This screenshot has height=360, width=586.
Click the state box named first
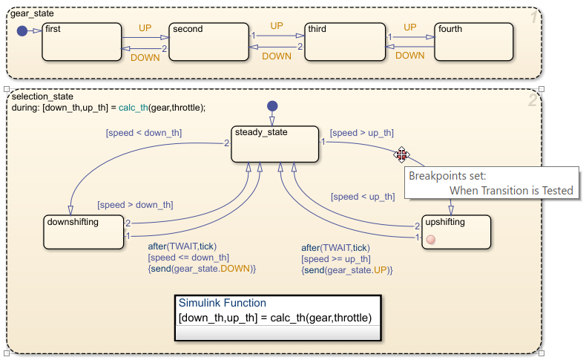pos(82,41)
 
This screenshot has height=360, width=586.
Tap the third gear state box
pos(346,41)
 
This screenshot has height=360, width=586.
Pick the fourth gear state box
pos(474,41)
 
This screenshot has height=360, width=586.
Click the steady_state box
pos(275,143)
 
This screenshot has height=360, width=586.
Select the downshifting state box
pos(83,232)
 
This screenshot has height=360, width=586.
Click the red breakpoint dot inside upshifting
pos(431,239)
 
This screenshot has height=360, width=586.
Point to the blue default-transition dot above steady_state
pos(272,106)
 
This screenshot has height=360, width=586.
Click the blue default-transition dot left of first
pos(22,31)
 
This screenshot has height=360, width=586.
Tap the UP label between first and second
pos(146,27)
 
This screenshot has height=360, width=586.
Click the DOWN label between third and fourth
pos(409,56)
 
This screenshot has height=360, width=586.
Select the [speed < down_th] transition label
pos(144,133)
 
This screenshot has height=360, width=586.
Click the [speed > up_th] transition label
pos(361,133)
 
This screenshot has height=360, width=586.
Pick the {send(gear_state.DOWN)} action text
pos(202,268)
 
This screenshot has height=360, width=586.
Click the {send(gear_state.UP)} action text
pos(346,271)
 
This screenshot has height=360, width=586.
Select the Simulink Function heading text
pos(222,303)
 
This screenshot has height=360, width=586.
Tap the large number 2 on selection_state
pos(532,100)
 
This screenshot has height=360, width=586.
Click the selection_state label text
pos(43,96)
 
